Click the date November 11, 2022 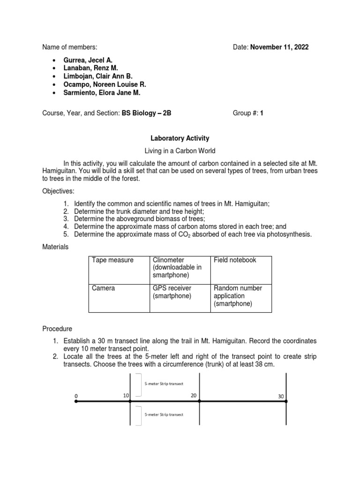pos(280,47)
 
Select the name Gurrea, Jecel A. pos(88,60)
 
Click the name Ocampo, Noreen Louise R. pos(105,84)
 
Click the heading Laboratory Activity pos(180,138)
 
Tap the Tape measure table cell pos(112,260)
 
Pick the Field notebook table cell pos(235,260)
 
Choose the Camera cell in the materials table pos(104,288)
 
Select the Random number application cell pos(238,296)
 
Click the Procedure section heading pos(57,329)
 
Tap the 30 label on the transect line pos(281,397)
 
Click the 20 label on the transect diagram pos(194,395)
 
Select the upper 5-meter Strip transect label pos(163,383)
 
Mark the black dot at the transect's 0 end pos(76,402)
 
